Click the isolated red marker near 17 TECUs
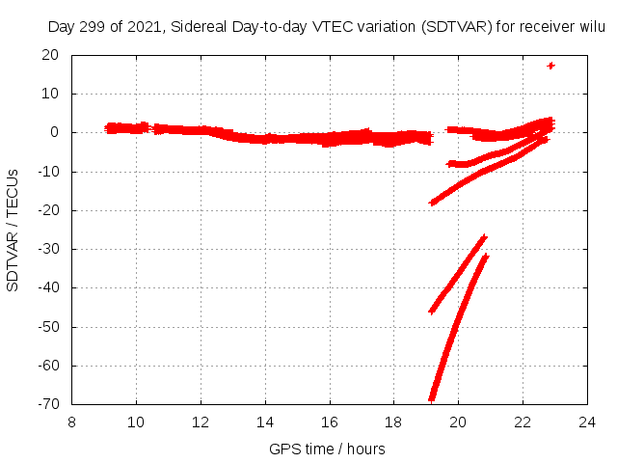click(551, 66)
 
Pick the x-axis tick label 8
click(72, 422)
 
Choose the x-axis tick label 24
click(587, 422)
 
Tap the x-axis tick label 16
click(330, 422)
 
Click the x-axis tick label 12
click(201, 422)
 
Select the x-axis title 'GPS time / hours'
click(328, 449)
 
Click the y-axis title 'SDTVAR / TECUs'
click(13, 230)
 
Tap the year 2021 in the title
click(140, 26)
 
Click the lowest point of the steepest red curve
click(432, 397)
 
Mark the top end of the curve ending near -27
click(484, 237)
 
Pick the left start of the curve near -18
click(432, 203)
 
